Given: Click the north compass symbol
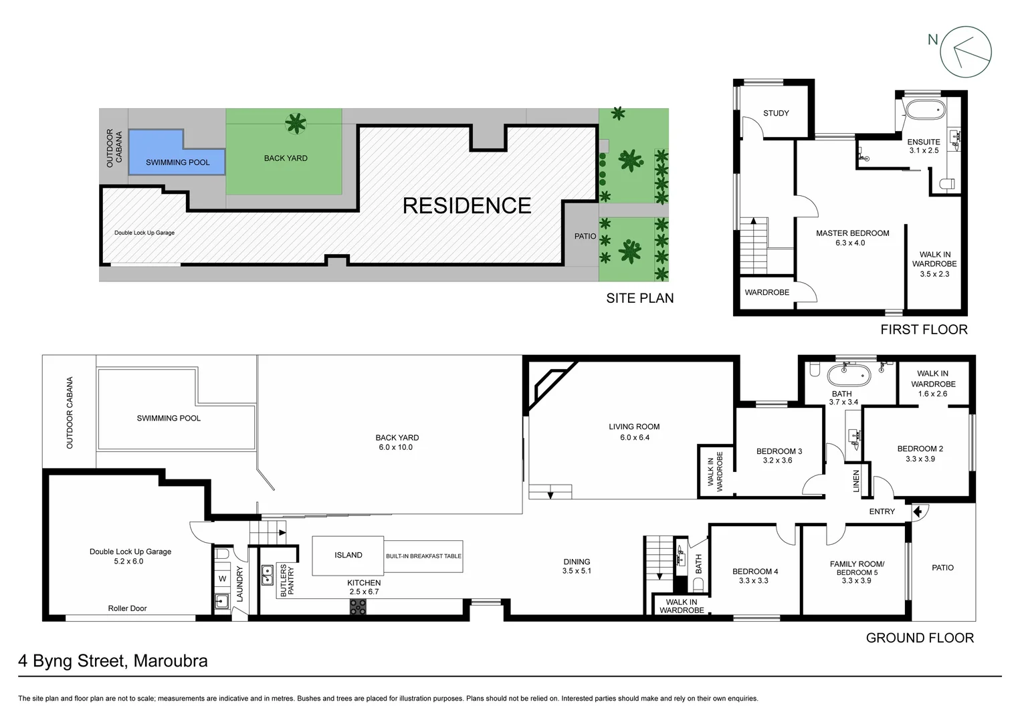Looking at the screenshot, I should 966,51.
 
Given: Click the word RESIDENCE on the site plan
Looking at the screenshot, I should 467,205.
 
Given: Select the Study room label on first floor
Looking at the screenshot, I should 776,113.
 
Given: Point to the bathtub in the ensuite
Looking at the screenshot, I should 923,110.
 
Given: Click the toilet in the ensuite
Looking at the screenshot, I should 947,183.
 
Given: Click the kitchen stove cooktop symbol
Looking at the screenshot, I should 358,607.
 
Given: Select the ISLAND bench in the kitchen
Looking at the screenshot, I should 348,555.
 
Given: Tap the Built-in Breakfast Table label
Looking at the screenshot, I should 423,556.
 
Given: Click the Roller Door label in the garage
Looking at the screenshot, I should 127,608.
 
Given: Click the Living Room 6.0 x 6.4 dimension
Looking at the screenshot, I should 634,438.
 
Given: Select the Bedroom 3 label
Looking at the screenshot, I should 779,451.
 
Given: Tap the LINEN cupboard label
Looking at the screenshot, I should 855,481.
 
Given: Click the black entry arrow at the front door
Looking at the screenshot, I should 917,511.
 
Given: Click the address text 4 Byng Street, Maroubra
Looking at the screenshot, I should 113,661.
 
